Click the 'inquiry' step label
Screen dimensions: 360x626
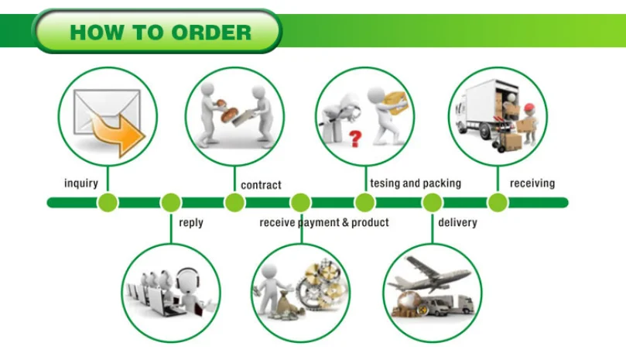81,183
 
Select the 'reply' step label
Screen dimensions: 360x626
191,223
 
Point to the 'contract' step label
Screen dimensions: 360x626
261,185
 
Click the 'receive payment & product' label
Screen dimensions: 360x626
324,223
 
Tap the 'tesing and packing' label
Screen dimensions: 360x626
416,183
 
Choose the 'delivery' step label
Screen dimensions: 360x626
457,223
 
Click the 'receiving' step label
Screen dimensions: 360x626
532,183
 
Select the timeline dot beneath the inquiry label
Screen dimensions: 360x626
108,203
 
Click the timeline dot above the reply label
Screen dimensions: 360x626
171,203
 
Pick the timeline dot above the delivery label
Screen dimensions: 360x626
432,203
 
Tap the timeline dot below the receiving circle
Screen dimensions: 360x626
498,203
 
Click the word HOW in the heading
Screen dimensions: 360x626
96,33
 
